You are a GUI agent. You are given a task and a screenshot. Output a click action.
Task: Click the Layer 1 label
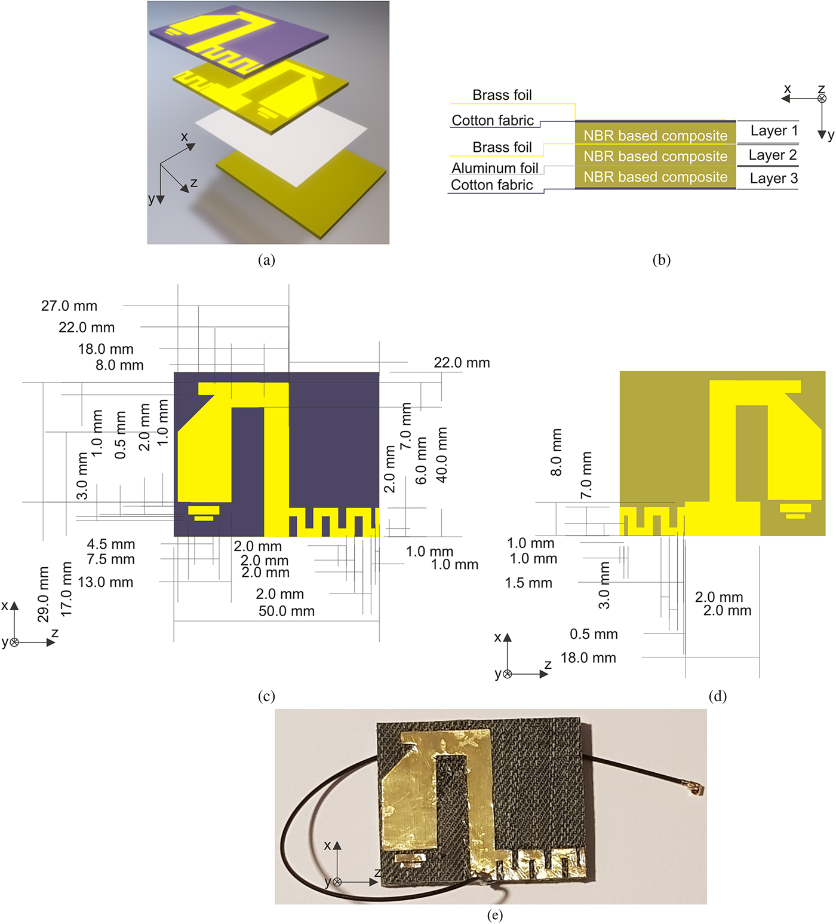click(x=773, y=131)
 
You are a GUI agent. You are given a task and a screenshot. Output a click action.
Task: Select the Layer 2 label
click(x=772, y=155)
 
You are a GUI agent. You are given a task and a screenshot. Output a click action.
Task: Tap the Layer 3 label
click(x=773, y=179)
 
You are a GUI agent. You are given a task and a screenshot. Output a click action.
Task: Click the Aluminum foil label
click(x=494, y=169)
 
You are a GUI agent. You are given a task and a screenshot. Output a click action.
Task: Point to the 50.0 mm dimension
click(x=286, y=611)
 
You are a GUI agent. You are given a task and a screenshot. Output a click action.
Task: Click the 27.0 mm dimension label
click(x=69, y=306)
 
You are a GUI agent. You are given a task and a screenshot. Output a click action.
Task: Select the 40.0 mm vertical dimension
click(x=442, y=455)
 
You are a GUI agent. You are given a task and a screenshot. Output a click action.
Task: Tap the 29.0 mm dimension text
click(x=43, y=594)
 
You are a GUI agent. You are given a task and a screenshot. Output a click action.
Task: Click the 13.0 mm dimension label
click(x=105, y=582)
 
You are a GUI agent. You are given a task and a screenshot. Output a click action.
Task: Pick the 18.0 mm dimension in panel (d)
click(x=588, y=658)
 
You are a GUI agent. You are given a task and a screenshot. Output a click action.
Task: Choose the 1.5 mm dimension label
click(x=528, y=583)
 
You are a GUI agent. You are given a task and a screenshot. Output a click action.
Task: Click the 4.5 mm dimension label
click(x=110, y=544)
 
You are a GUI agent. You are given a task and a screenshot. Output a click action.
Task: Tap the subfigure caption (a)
click(x=266, y=260)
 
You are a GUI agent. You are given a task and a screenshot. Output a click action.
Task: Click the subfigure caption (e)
click(x=494, y=915)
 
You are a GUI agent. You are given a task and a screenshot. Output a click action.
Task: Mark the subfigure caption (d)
click(x=717, y=696)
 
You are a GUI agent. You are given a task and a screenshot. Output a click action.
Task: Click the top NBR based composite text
click(x=655, y=136)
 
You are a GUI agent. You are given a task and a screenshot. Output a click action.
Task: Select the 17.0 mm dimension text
click(x=66, y=589)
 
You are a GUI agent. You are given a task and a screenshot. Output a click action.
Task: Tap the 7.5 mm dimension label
click(x=110, y=559)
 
